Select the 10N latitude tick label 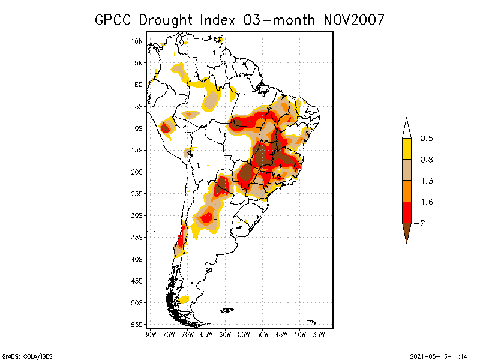(x=137, y=41)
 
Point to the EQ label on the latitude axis (x=139, y=85)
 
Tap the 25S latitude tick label (x=137, y=193)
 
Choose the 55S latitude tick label (x=137, y=324)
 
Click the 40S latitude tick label (x=137, y=259)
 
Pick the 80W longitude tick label (x=150, y=334)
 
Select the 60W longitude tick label (x=225, y=334)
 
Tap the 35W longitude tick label (x=319, y=334)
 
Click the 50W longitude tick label (x=262, y=334)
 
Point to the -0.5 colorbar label (x=425, y=139)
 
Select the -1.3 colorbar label (x=425, y=181)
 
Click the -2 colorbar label (x=422, y=223)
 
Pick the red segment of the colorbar (x=407, y=212)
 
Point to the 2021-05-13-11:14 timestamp (x=439, y=355)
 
